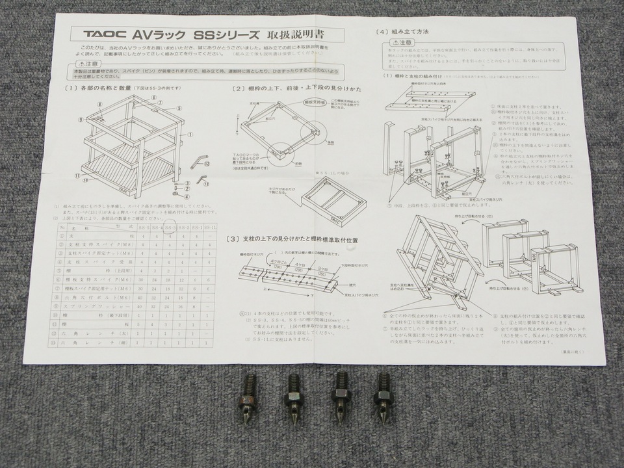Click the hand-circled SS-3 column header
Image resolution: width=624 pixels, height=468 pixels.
coord(171,228)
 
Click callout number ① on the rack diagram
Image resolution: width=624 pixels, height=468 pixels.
coord(190,135)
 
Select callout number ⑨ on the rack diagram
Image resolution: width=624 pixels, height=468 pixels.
coord(81,120)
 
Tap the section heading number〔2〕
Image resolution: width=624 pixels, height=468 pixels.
coord(239,88)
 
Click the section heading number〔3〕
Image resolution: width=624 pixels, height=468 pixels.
coord(233,240)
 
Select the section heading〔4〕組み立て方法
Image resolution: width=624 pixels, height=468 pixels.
coord(402,32)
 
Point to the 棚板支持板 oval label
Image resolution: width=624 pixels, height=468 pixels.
coord(314,102)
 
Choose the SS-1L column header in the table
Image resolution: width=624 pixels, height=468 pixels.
coord(211,227)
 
